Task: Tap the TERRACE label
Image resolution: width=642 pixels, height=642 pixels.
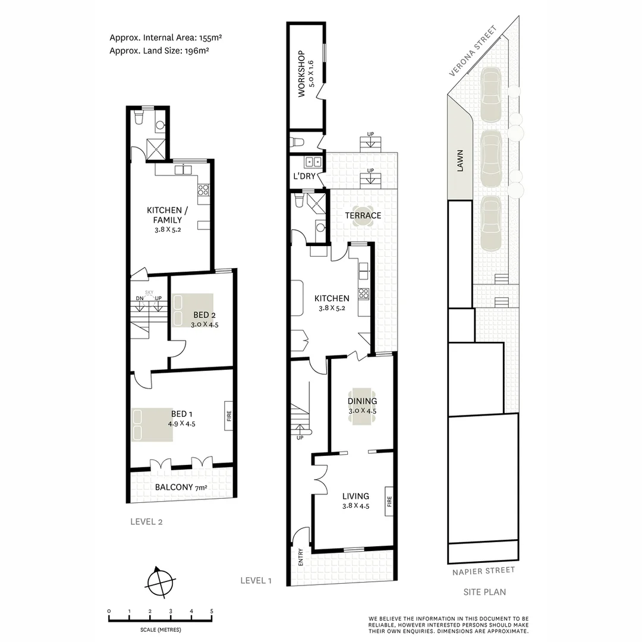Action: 363,215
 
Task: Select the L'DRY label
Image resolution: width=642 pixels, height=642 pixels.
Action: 304,177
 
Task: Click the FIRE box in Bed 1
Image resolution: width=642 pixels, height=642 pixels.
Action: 228,416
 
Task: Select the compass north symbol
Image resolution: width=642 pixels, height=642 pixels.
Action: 160,581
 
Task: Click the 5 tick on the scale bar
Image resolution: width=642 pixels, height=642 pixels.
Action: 212,611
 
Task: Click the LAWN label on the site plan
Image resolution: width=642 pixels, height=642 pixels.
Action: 460,160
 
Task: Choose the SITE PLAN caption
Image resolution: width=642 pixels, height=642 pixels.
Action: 484,592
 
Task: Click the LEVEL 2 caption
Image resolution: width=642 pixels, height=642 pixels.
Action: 146,523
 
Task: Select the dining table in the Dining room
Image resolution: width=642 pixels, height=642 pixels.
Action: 362,407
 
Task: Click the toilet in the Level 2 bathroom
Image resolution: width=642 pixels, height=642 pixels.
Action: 139,118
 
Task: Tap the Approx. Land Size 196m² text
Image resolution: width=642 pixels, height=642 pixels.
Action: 159,51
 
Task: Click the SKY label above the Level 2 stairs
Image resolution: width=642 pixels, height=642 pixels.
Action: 149,292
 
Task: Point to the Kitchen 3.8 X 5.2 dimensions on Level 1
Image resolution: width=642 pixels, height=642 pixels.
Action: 332,308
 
